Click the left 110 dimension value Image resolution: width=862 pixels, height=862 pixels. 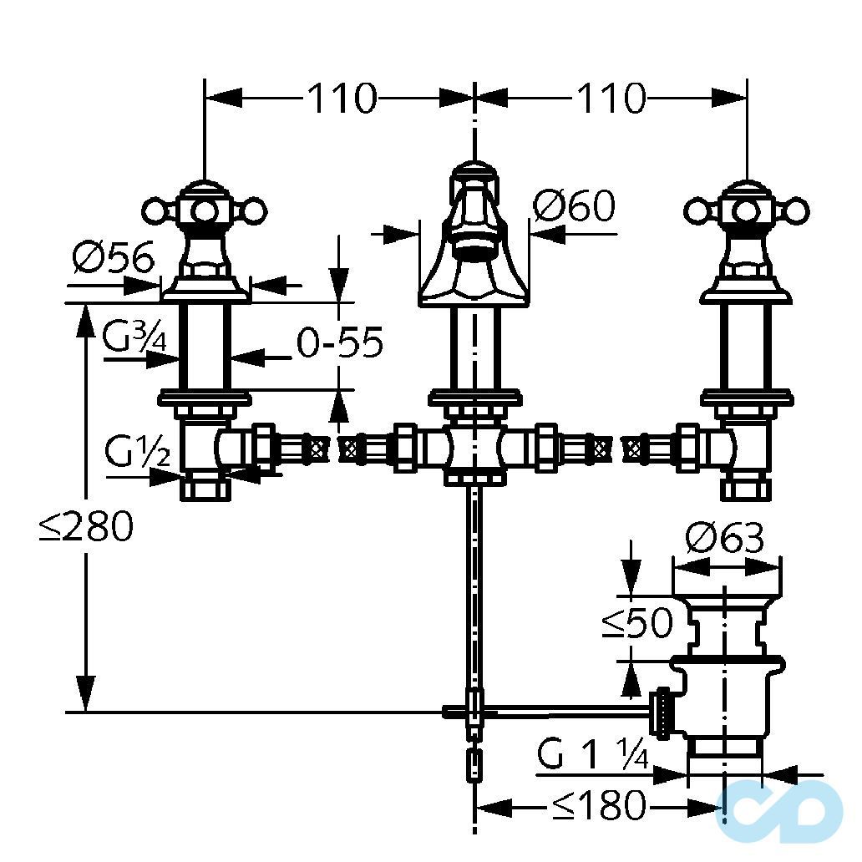pos(341,99)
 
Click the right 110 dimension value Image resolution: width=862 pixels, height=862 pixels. pos(610,99)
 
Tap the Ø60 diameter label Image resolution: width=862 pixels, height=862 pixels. pos(574,205)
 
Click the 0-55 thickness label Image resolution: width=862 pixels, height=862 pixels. pos(339,342)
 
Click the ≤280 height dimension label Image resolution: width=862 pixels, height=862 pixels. pos(86,527)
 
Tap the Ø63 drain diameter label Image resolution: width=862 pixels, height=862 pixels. pos(725,540)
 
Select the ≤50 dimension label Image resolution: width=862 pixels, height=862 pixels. pos(637,622)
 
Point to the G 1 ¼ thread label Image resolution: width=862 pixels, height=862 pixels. pos(592,756)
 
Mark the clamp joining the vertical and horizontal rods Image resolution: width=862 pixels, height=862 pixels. pos(474,710)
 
